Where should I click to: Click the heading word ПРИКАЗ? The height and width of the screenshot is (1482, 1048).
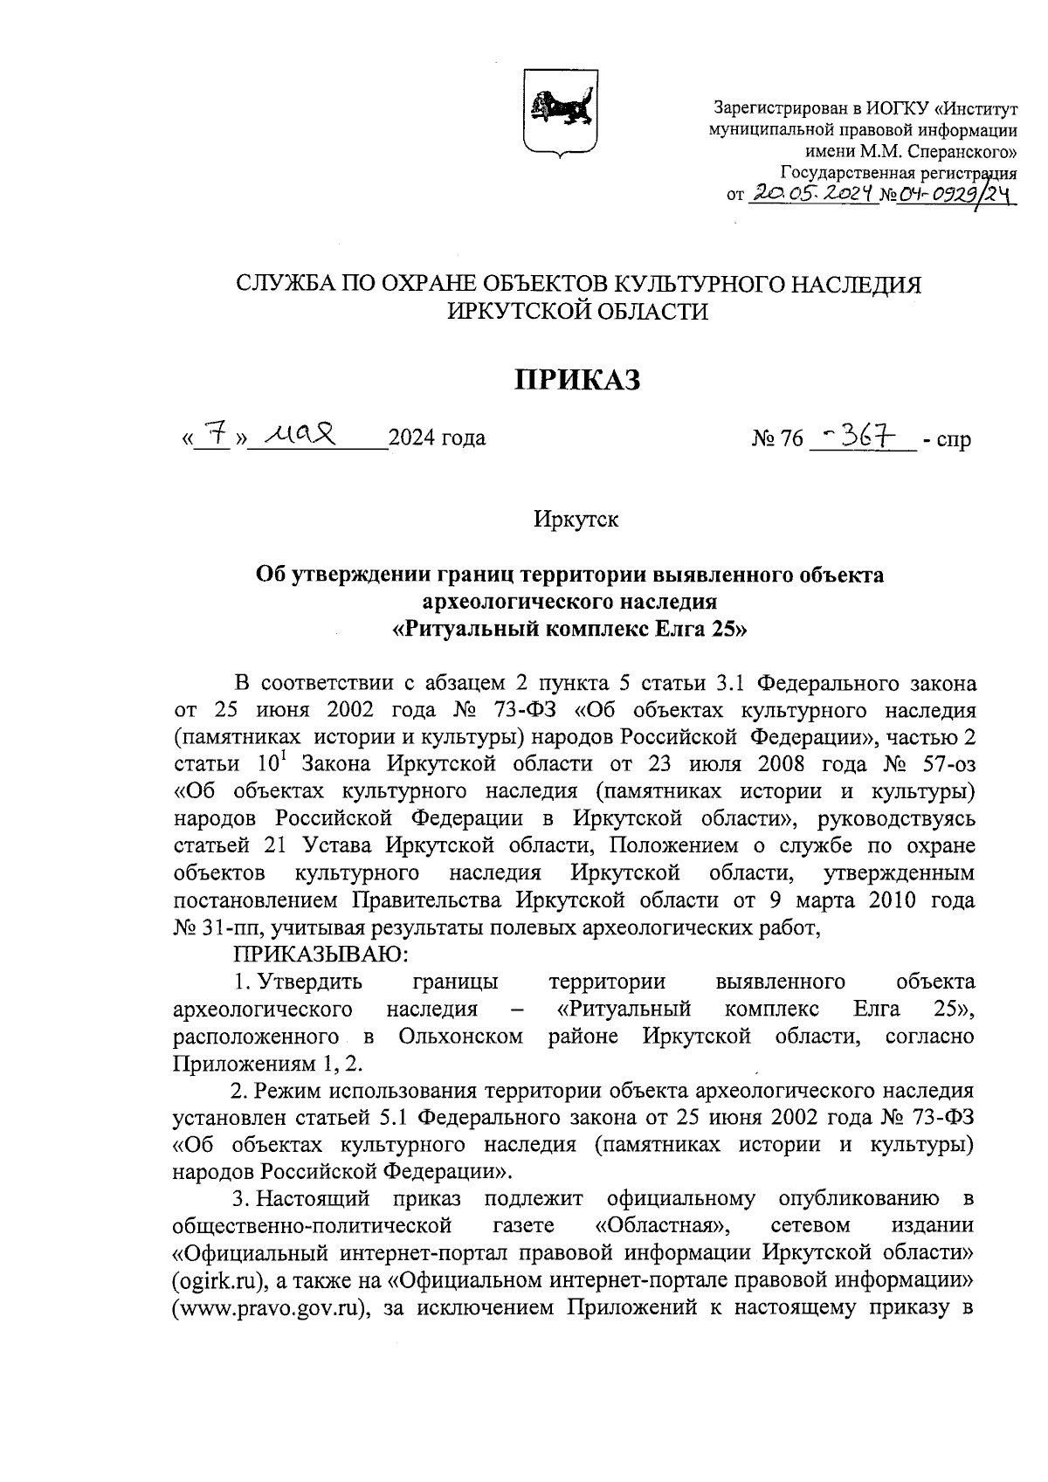pos(576,379)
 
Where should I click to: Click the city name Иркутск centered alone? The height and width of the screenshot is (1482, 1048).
pos(576,520)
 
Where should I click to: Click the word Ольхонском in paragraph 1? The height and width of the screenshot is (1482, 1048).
pos(460,1037)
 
